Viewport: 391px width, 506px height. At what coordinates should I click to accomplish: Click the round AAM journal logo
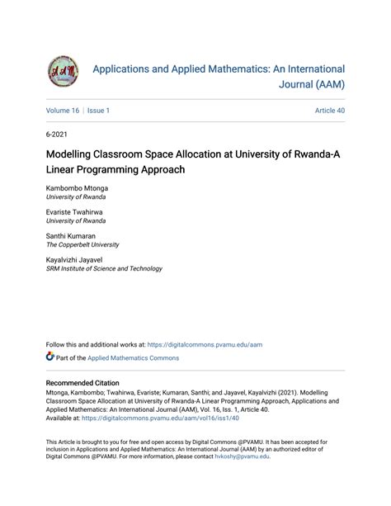[64, 72]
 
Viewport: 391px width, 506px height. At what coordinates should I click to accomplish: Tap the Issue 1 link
[98, 111]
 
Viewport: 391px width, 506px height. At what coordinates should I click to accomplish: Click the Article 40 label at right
[329, 111]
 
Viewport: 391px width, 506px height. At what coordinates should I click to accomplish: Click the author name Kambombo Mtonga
[77, 188]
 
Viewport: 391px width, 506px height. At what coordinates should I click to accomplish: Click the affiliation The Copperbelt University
[82, 245]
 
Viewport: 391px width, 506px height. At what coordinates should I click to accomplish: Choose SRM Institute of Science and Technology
[104, 269]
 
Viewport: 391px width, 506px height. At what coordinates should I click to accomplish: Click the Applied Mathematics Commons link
[134, 358]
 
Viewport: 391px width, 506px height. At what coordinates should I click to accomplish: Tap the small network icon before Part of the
[51, 357]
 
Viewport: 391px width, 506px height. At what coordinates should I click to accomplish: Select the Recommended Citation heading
[82, 383]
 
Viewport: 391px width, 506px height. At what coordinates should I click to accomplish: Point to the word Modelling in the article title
[77, 154]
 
